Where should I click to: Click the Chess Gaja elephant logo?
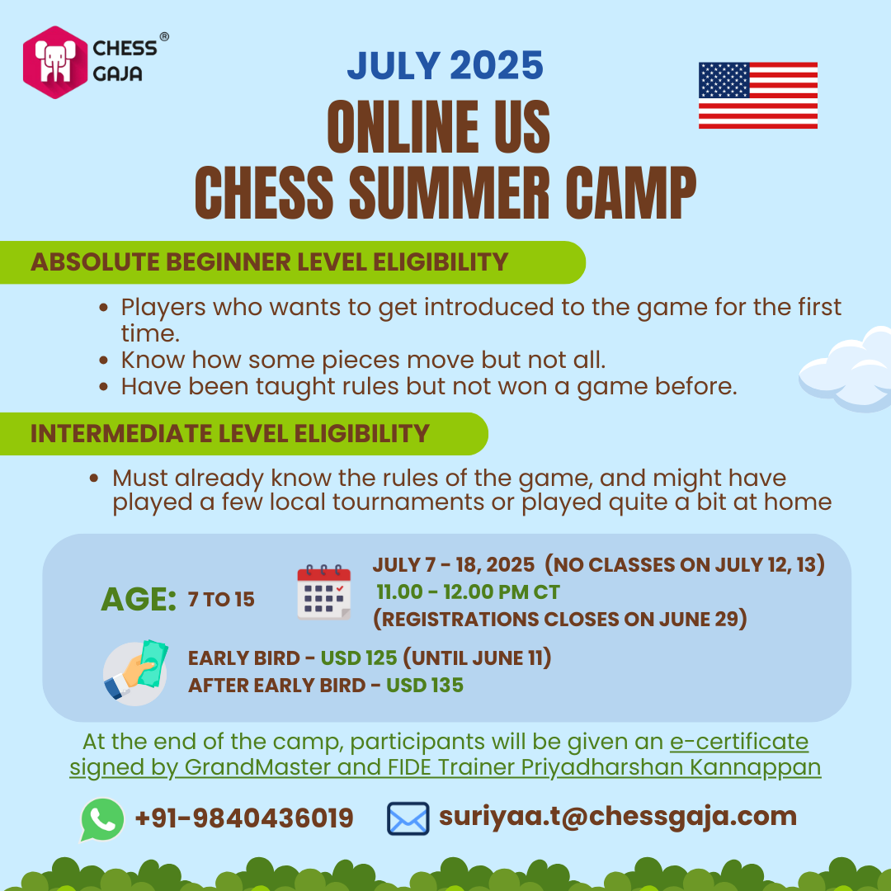[x=56, y=62]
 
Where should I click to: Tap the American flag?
[x=758, y=96]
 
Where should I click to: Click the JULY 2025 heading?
[x=445, y=65]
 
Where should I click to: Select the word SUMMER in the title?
[x=449, y=192]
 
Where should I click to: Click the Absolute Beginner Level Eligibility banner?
[x=292, y=262]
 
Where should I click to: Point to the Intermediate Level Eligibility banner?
[x=243, y=434]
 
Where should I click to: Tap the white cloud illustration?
[x=846, y=369]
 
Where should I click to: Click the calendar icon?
[x=324, y=592]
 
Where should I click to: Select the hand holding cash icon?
[x=136, y=672]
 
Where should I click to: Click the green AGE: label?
[x=139, y=599]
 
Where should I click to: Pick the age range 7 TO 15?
[x=221, y=600]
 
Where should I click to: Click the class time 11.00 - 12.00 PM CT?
[x=469, y=592]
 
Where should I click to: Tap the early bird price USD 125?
[x=359, y=658]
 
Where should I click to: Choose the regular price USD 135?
[x=425, y=686]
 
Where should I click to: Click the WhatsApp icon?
[x=103, y=819]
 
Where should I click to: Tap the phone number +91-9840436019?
[x=244, y=818]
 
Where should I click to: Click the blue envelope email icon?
[x=408, y=819]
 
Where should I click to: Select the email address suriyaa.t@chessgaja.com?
[x=618, y=818]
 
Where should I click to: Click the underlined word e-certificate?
[x=739, y=742]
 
